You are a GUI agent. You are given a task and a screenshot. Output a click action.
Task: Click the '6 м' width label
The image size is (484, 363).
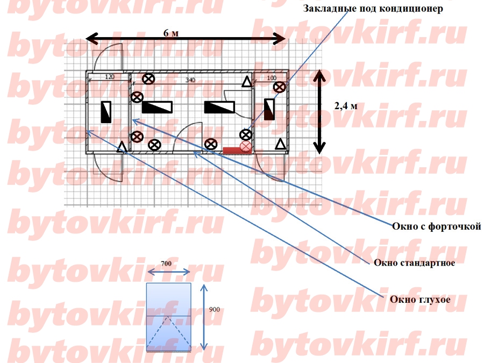coord(171,33)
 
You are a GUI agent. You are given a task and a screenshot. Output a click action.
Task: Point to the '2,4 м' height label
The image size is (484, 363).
coord(346,105)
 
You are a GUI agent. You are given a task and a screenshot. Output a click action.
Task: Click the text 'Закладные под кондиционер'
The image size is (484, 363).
coord(373,9)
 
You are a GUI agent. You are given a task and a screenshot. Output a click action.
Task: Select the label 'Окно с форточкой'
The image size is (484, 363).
coord(436,227)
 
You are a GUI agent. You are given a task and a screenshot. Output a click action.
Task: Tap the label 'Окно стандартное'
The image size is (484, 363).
coord(415,263)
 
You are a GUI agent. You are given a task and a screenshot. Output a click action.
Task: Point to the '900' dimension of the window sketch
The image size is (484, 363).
coord(213,310)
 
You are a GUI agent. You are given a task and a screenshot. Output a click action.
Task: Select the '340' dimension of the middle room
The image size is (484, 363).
coord(190,80)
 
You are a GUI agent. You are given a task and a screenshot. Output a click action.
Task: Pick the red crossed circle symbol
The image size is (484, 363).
coord(245,146)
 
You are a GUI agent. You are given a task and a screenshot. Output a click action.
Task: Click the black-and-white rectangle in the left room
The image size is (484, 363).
coord(106,112)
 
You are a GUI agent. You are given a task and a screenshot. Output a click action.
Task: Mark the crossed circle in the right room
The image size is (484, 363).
coord(280,87)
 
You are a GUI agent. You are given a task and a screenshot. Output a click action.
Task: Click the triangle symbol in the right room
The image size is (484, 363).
coord(280,144)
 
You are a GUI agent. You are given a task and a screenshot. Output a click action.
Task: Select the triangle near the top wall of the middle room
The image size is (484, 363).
coord(246,82)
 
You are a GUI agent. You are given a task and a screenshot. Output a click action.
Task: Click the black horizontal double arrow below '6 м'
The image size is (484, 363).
coord(186,39)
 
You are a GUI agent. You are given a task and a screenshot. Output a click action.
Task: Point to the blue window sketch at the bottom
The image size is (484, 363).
coord(169,317)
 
